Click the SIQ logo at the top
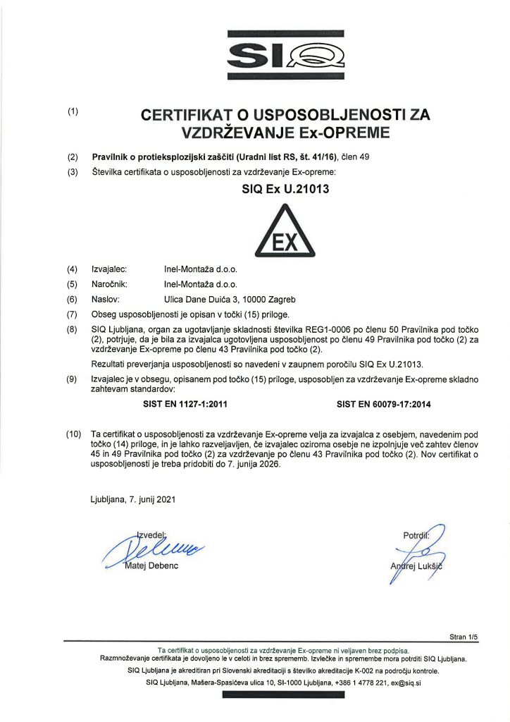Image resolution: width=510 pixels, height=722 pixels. tap(285, 53)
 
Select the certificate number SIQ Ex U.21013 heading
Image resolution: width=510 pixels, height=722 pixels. tap(285, 188)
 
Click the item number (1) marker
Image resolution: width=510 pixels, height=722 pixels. tap(73, 111)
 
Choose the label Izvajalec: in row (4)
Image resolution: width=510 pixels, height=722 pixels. tap(109, 269)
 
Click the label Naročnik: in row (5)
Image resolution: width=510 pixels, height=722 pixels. tap(111, 284)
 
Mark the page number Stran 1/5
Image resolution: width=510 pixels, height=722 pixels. tap(463, 637)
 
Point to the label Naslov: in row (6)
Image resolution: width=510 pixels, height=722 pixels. tap(106, 299)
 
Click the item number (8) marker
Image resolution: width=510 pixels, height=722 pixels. tap(73, 329)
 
